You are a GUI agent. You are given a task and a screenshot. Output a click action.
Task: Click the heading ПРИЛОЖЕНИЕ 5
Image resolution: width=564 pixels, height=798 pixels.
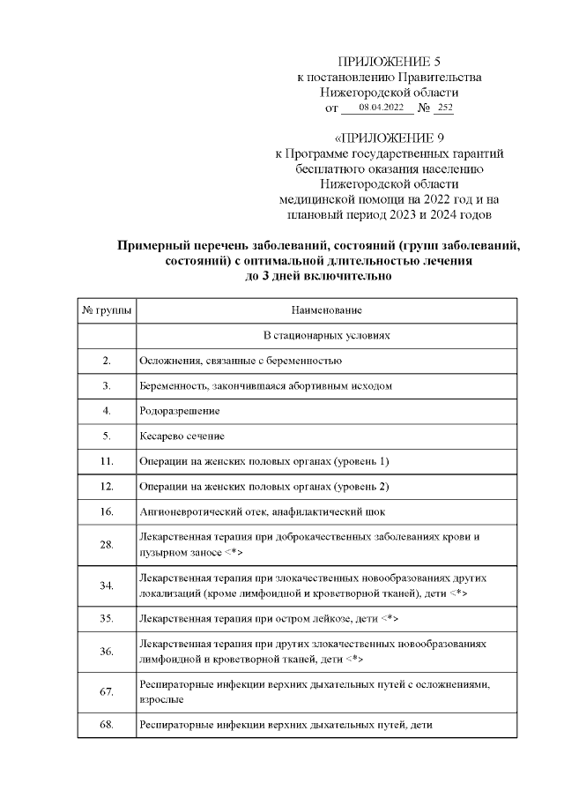390,62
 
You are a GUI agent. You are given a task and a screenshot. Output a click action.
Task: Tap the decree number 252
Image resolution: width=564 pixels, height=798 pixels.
444,108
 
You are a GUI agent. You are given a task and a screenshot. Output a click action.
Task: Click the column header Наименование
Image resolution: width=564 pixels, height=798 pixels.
326,310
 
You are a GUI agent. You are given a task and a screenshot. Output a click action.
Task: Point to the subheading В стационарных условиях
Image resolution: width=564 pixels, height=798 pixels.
326,336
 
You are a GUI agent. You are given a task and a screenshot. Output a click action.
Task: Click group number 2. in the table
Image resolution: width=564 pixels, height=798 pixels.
107,361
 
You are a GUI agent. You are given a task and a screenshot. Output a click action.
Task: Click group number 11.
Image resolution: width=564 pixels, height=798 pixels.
107,461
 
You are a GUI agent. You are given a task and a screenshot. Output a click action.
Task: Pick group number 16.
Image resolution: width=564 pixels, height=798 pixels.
107,511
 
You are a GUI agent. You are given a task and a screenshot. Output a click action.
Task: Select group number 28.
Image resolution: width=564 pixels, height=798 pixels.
107,544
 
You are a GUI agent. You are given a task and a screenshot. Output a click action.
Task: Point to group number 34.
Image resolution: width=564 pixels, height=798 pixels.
107,585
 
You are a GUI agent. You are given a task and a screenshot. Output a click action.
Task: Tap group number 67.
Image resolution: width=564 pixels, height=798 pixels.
107,692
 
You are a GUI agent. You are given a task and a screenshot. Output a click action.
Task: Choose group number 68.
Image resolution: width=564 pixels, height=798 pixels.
107,725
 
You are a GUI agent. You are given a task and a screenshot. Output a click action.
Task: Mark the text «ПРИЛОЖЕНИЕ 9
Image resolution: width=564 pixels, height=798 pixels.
390,138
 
